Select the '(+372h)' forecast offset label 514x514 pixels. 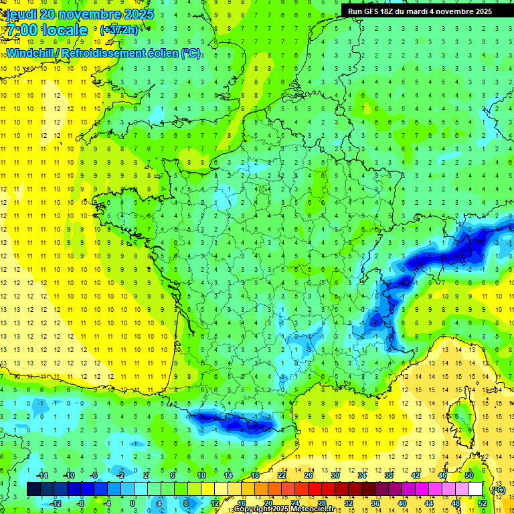click(x=118, y=29)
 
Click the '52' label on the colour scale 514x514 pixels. click(x=483, y=503)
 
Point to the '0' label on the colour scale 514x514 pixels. click(x=133, y=503)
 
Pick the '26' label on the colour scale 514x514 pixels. click(x=308, y=475)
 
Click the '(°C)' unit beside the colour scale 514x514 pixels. click(x=499, y=489)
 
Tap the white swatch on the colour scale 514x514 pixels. click(x=475, y=489)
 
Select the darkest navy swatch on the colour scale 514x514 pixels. click(x=33, y=489)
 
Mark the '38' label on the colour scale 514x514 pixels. click(x=388, y=475)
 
